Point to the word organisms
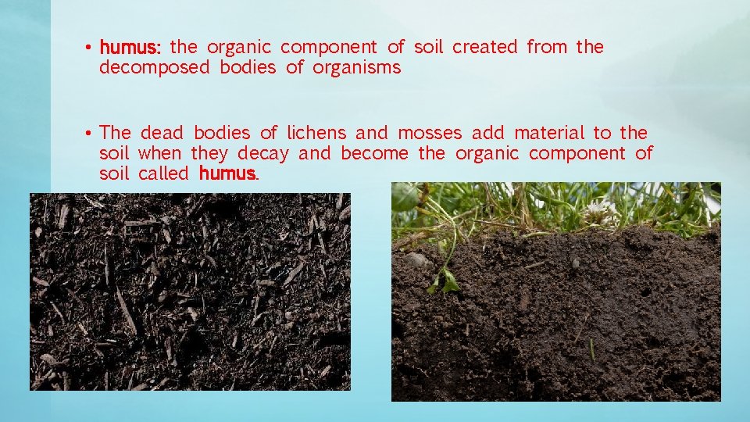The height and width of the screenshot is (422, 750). [x=356, y=68]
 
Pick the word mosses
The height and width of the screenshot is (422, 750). [x=430, y=134]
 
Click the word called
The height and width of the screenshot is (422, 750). [x=163, y=173]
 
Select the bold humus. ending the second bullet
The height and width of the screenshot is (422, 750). [x=228, y=173]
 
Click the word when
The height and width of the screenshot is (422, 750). [x=159, y=154]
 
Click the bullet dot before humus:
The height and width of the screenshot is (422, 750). [x=91, y=48]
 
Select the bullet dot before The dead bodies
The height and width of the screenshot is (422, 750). [x=91, y=134]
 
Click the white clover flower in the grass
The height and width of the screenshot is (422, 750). [x=599, y=209]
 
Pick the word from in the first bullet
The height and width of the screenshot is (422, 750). [x=547, y=48]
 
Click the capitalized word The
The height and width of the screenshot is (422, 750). [x=116, y=134]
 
